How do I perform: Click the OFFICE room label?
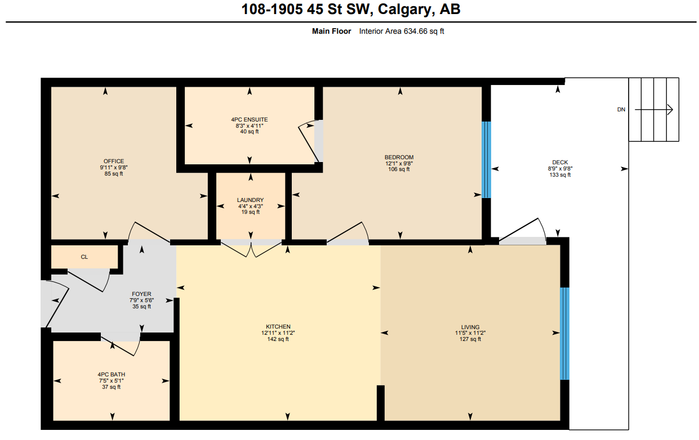click(x=113, y=161)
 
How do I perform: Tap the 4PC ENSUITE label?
click(x=249, y=119)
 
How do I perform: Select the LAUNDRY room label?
click(x=250, y=200)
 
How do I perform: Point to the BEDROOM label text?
click(x=399, y=158)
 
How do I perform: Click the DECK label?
click(x=559, y=163)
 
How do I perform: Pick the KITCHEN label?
click(x=278, y=327)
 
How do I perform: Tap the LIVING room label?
click(x=470, y=327)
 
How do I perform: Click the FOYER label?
click(x=141, y=294)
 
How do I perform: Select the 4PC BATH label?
click(x=111, y=375)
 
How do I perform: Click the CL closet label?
click(x=84, y=257)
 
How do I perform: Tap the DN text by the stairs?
click(x=621, y=110)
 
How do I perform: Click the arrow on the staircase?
click(x=654, y=110)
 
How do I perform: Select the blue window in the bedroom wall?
click(x=487, y=160)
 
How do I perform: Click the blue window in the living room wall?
click(x=564, y=333)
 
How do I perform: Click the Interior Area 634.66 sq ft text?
click(x=402, y=32)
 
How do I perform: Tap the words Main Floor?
click(x=331, y=32)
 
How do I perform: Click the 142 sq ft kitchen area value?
click(x=278, y=339)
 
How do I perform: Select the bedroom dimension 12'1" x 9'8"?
click(x=399, y=164)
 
